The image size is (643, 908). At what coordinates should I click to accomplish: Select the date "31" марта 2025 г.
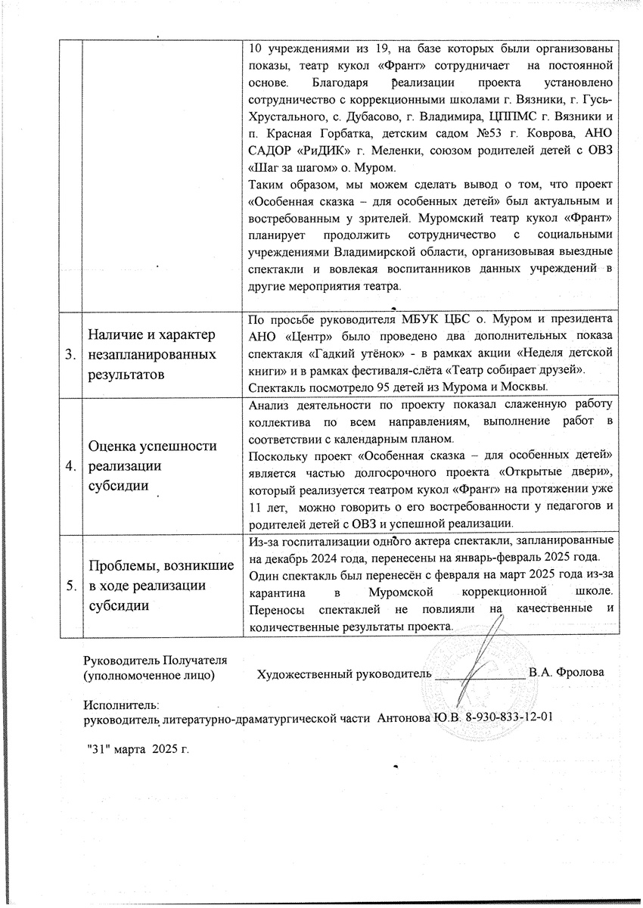coord(136,748)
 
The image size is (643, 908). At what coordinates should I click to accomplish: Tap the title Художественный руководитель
coord(344,672)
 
